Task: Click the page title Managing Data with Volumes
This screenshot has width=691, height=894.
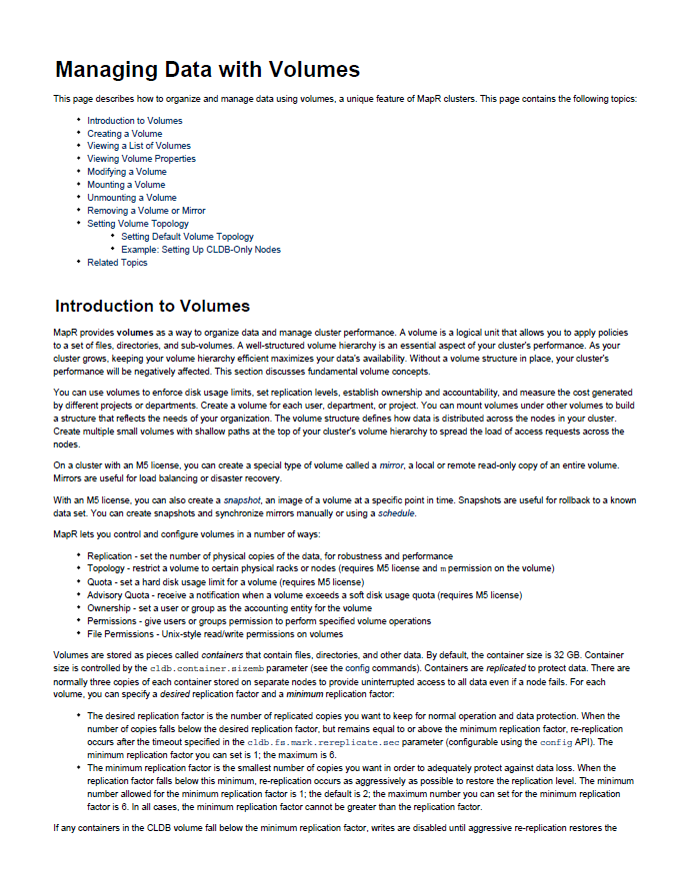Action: [x=207, y=70]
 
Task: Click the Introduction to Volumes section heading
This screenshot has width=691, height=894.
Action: [x=152, y=306]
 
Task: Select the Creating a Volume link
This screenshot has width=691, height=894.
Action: [x=124, y=134]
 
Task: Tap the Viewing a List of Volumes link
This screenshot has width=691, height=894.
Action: [x=138, y=146]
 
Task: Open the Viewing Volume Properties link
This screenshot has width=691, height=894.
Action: [x=141, y=159]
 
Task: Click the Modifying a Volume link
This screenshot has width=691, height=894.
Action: [x=126, y=172]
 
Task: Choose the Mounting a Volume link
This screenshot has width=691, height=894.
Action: [x=126, y=185]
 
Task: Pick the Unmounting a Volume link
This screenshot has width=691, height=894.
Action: [x=131, y=198]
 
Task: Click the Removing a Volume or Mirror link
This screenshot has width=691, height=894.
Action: [x=146, y=211]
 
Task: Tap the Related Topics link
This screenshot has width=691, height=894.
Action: [x=117, y=263]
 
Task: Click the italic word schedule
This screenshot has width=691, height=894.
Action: [x=395, y=512]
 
